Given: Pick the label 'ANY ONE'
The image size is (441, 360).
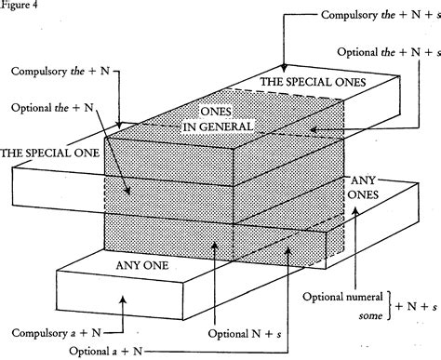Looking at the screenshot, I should point(141,266).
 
